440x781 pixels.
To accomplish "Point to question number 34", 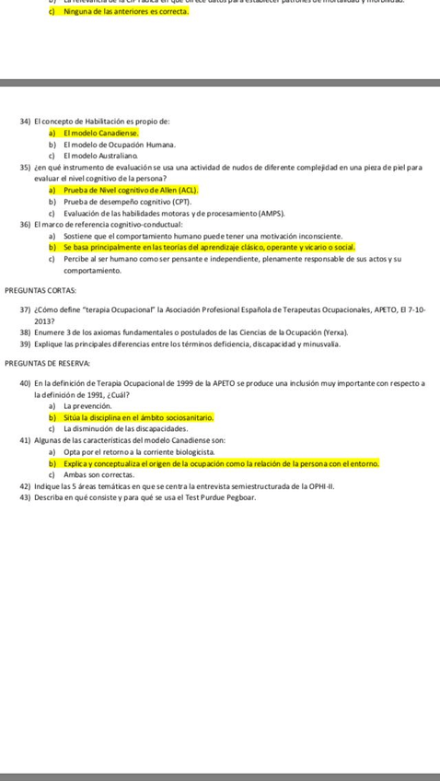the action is [x=25, y=122].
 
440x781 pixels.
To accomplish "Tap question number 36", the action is [x=25, y=224].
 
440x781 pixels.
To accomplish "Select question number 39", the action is [x=25, y=343].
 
